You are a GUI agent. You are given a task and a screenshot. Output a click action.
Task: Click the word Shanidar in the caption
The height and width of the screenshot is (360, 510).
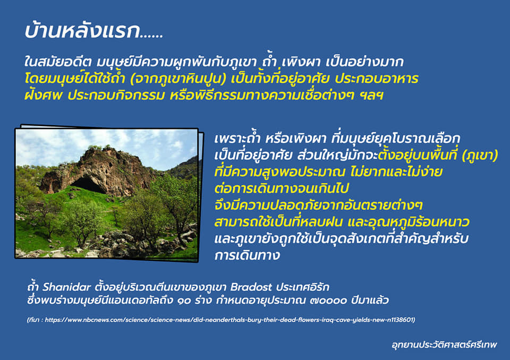point(67,287)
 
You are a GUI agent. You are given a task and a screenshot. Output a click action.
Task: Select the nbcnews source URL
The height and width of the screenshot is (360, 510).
point(229,320)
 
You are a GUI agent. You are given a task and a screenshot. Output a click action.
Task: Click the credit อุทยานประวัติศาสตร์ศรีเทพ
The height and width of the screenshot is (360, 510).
point(444,345)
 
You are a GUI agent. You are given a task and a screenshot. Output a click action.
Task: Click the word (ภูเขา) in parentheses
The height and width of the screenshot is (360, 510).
point(480,156)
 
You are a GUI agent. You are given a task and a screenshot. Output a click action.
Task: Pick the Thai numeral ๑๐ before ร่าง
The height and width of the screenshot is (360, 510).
point(184,301)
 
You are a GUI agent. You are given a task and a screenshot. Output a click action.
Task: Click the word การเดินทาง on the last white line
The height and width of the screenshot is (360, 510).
point(247,255)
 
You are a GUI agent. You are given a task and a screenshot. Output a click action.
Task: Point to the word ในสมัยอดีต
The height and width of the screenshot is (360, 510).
point(58,62)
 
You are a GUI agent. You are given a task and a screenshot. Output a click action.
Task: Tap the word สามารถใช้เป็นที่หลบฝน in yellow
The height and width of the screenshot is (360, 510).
point(278,222)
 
